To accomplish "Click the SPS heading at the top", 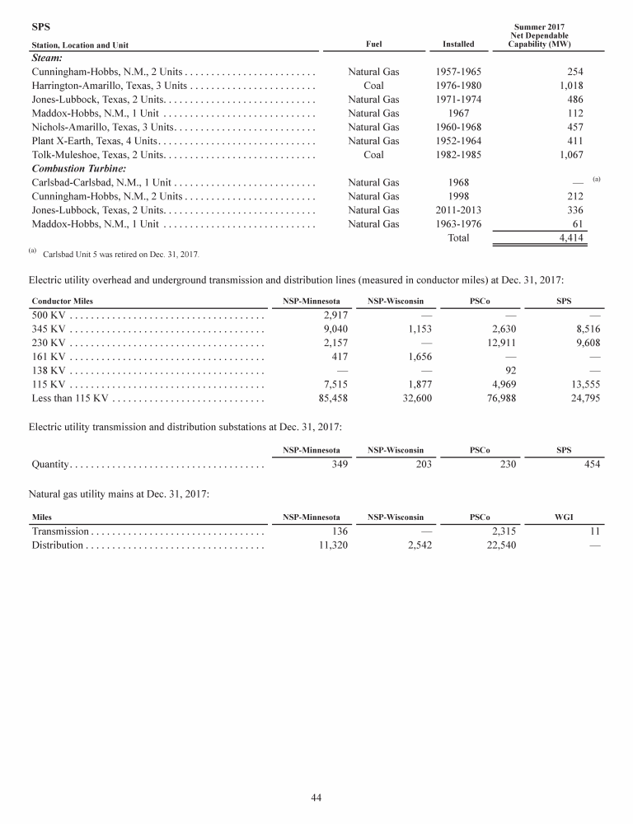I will pyautogui.click(x=40, y=26).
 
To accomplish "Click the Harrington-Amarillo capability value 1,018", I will pyautogui.click(x=570, y=85).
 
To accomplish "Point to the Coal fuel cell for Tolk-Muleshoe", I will pyautogui.click(x=373, y=154).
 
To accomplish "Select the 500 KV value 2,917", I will pyautogui.click(x=331, y=315).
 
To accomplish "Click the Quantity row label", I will pyautogui.click(x=49, y=464).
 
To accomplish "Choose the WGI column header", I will pyautogui.click(x=565, y=517).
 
